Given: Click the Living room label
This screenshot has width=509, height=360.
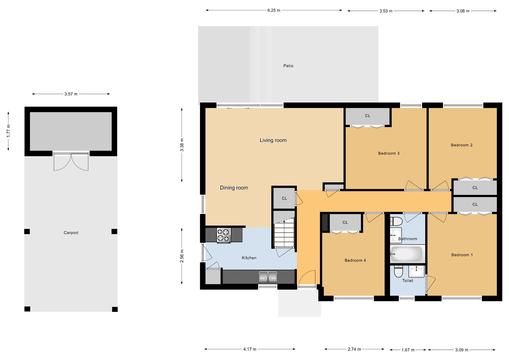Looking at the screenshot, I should pyautogui.click(x=273, y=140).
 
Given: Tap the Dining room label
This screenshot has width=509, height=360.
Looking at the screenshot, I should pyautogui.click(x=234, y=187).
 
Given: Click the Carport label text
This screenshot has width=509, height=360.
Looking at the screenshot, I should pyautogui.click(x=71, y=233).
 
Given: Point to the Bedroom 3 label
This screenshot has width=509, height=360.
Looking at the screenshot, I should pyautogui.click(x=389, y=153).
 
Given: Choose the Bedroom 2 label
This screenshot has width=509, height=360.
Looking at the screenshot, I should pyautogui.click(x=461, y=145).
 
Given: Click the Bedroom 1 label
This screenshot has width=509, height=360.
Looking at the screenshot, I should pyautogui.click(x=461, y=255).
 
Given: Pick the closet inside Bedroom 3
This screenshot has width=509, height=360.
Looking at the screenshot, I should pyautogui.click(x=367, y=116).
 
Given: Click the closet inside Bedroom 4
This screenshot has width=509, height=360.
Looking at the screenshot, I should pyautogui.click(x=345, y=222).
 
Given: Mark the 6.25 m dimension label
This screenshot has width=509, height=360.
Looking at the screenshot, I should pyautogui.click(x=273, y=10).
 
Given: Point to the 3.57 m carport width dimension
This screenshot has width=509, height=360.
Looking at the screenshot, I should pyautogui.click(x=69, y=93).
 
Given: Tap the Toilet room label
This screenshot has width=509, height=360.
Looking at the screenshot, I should pyautogui.click(x=407, y=281).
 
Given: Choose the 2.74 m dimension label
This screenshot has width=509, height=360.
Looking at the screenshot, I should pyautogui.click(x=354, y=349).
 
